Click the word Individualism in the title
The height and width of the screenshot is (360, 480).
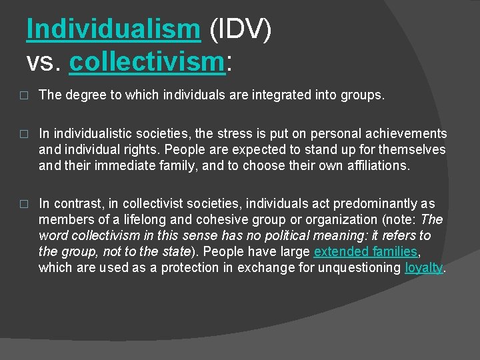pos(113,30)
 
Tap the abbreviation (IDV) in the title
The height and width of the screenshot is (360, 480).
pos(239,30)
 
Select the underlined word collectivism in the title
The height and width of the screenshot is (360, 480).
pos(145,63)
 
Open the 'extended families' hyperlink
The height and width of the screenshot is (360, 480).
pos(365,252)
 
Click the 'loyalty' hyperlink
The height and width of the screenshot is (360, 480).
pos(424,268)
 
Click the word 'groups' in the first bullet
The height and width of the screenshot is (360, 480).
pos(363,95)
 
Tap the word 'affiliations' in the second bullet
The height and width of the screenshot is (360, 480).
pos(377,166)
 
